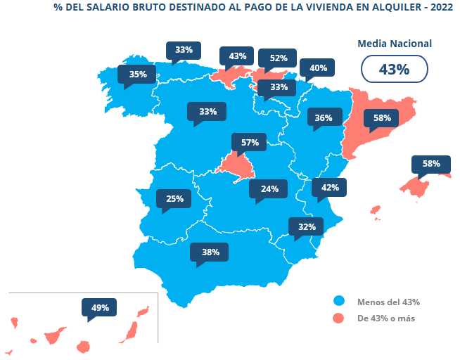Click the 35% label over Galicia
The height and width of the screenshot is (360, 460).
137,74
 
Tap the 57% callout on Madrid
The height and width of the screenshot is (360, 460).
250,142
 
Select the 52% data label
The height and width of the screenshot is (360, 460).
278,58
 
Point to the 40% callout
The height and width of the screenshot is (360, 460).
318,68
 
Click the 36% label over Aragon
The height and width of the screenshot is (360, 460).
324,118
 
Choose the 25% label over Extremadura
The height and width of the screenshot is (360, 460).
174,199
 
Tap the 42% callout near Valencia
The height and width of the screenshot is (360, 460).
330,188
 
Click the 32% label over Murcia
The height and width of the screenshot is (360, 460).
306,226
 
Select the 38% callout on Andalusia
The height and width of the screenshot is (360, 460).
210,252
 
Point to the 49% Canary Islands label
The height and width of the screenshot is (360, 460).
100,307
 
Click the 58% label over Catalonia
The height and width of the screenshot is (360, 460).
382,118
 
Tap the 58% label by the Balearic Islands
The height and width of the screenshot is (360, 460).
431,164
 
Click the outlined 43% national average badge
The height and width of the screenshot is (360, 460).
394,70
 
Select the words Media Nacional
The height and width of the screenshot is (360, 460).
395,44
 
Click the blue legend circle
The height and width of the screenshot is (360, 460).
339,301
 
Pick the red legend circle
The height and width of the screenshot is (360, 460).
339,319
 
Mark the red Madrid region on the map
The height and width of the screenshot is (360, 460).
234,164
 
